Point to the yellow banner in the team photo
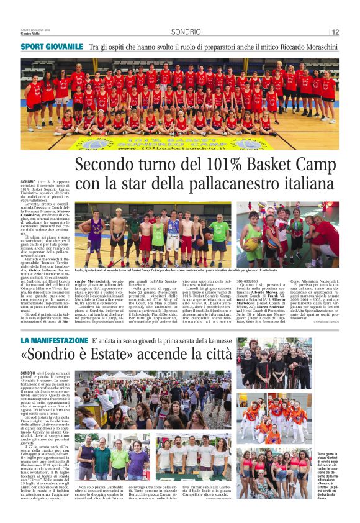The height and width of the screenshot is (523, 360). pos(180,142)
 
